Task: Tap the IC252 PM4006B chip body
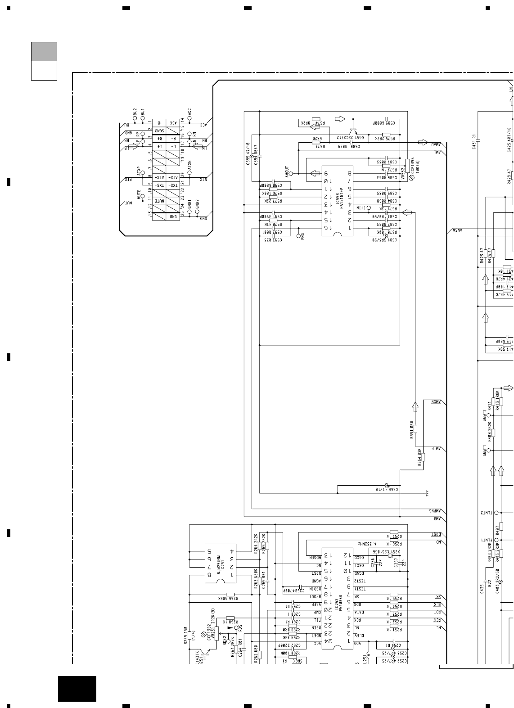click(338, 599)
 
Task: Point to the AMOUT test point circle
click(290, 173)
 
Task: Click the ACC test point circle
click(189, 118)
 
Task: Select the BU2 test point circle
click(135, 118)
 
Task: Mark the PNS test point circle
click(299, 235)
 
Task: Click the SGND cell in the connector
click(160, 131)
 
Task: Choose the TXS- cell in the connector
click(173, 185)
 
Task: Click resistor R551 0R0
click(415, 428)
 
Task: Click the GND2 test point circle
click(197, 211)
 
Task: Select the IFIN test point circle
click(368, 208)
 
